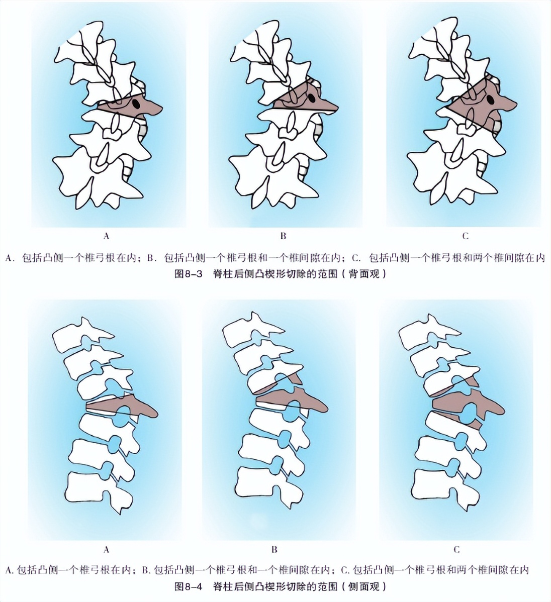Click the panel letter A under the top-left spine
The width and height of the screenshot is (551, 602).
click(x=106, y=235)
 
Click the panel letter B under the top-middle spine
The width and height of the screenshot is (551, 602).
click(x=283, y=235)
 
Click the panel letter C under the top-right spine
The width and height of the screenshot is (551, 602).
click(x=465, y=235)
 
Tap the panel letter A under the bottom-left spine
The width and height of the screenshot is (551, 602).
click(x=106, y=549)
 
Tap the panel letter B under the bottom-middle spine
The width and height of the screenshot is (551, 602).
click(x=274, y=549)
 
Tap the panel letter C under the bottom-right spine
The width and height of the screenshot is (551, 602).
click(x=456, y=549)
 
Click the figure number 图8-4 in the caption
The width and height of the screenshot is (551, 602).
click(x=189, y=586)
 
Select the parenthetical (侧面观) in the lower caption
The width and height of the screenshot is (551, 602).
click(x=362, y=586)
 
